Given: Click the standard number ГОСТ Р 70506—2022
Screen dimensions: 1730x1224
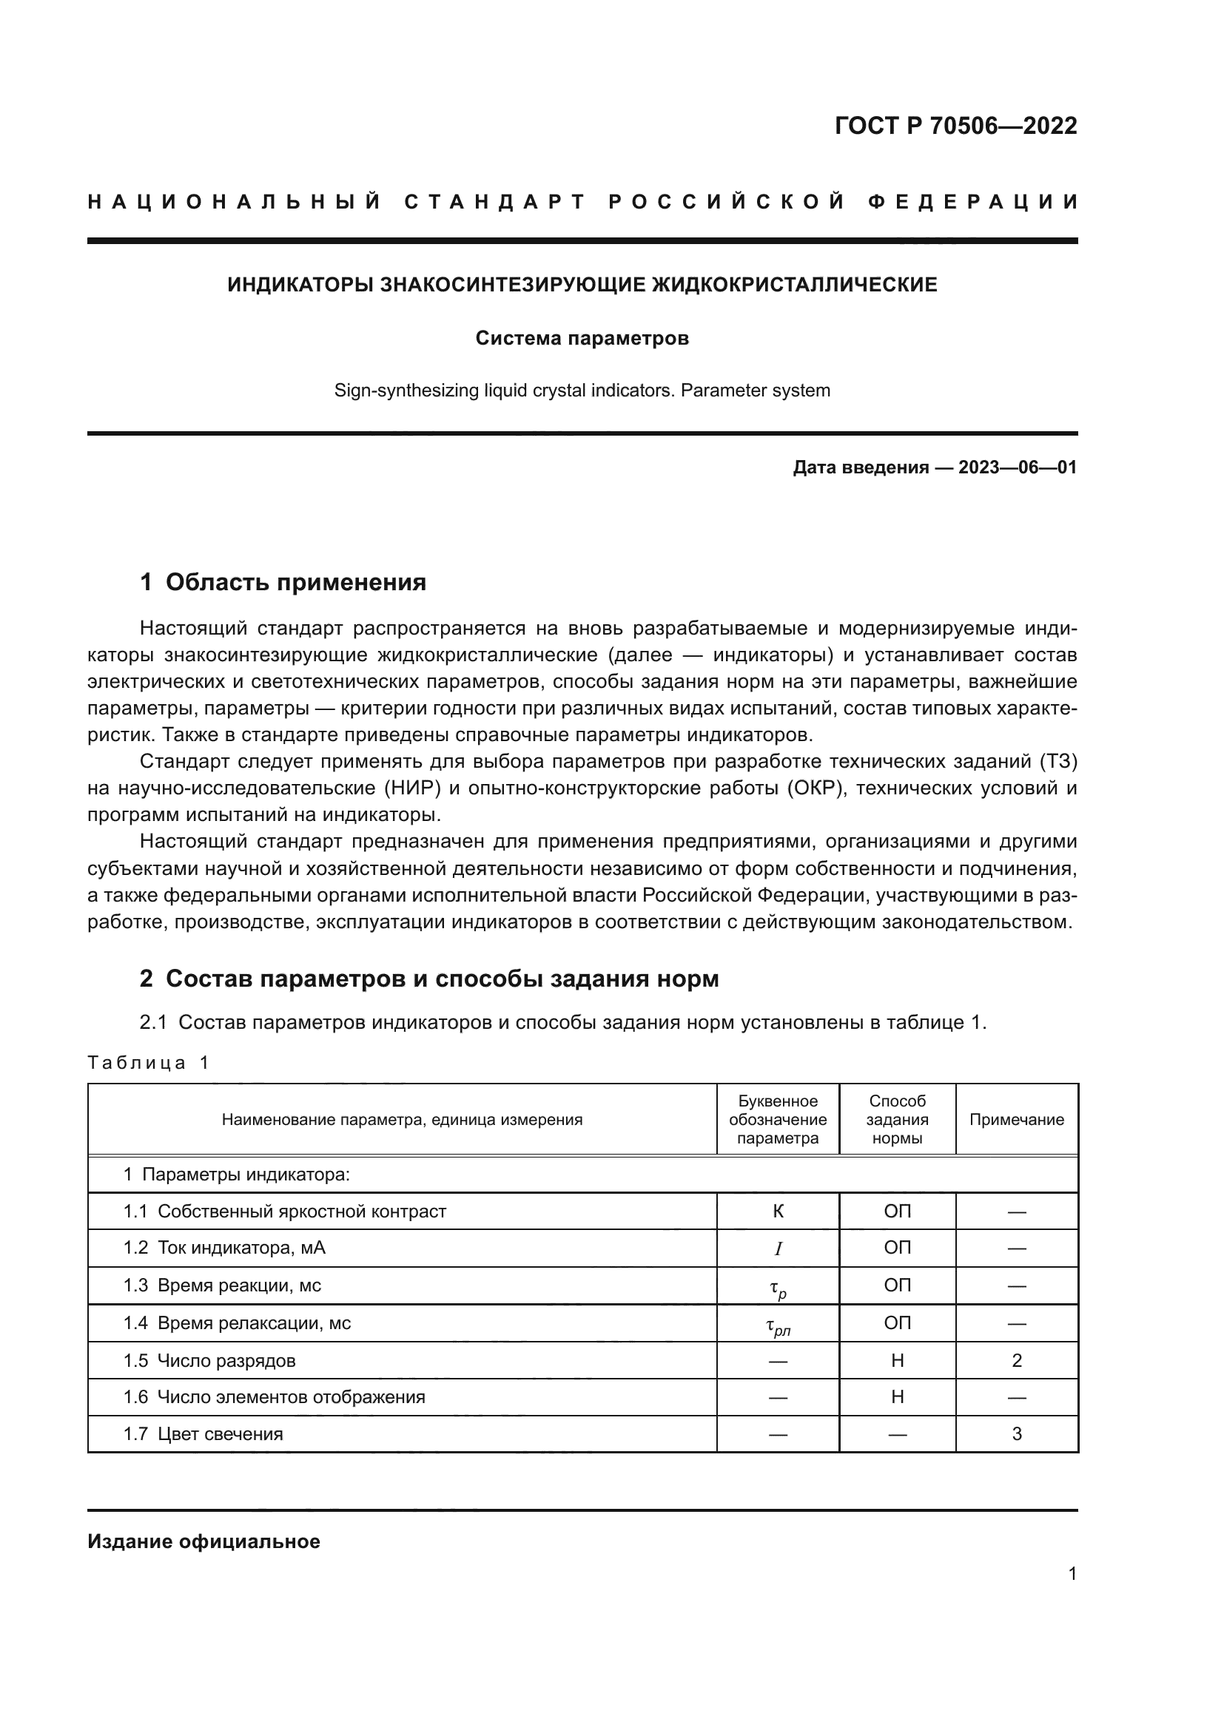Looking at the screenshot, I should [x=955, y=126].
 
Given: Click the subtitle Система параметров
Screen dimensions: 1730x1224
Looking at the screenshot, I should [x=582, y=338].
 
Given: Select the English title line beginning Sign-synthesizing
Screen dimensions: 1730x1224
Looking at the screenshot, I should [x=582, y=391].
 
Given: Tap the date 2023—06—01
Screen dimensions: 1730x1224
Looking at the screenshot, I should [x=1017, y=468].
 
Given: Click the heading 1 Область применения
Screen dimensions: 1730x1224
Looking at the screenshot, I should [x=283, y=582].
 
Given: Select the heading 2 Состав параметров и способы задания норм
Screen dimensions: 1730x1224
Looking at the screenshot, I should [x=429, y=979].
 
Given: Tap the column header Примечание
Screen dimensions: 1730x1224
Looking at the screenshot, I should [x=1016, y=1120].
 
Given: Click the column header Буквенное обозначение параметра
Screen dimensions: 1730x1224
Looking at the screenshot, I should [x=777, y=1120].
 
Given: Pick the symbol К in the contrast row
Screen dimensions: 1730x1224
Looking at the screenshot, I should [x=778, y=1212].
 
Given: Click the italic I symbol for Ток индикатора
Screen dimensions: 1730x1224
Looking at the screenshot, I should [x=778, y=1248].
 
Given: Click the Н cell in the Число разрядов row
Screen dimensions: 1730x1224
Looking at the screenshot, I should [x=897, y=1361].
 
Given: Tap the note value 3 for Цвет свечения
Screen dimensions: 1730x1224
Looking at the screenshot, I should [x=1016, y=1434].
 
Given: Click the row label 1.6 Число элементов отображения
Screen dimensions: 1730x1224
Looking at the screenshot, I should [x=275, y=1397].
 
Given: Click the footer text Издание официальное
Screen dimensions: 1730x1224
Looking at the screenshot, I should [x=204, y=1541].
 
